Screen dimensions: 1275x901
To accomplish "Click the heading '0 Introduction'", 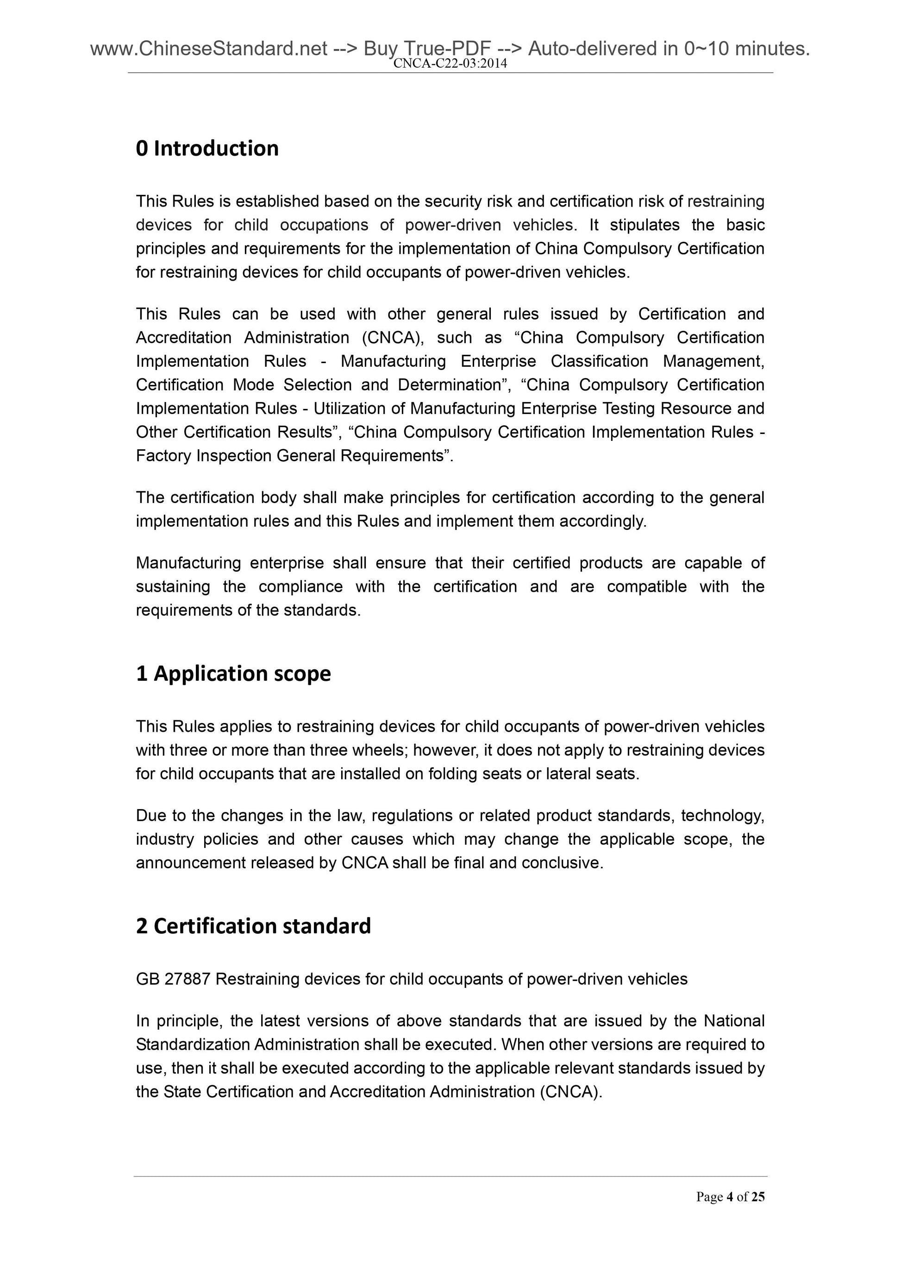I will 207,149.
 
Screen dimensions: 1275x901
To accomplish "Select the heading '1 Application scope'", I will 233,673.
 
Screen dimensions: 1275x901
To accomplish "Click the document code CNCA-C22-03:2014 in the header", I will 450,64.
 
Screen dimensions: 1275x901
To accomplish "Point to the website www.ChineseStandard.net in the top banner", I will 208,49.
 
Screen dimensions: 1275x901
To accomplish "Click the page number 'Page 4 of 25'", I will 730,1197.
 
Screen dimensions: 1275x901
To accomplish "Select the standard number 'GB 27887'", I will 173,979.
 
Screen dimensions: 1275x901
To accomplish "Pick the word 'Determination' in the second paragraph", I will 449,385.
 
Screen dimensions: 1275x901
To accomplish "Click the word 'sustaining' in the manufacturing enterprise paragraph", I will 173,587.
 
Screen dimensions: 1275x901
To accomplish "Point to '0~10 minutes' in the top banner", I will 747,49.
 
